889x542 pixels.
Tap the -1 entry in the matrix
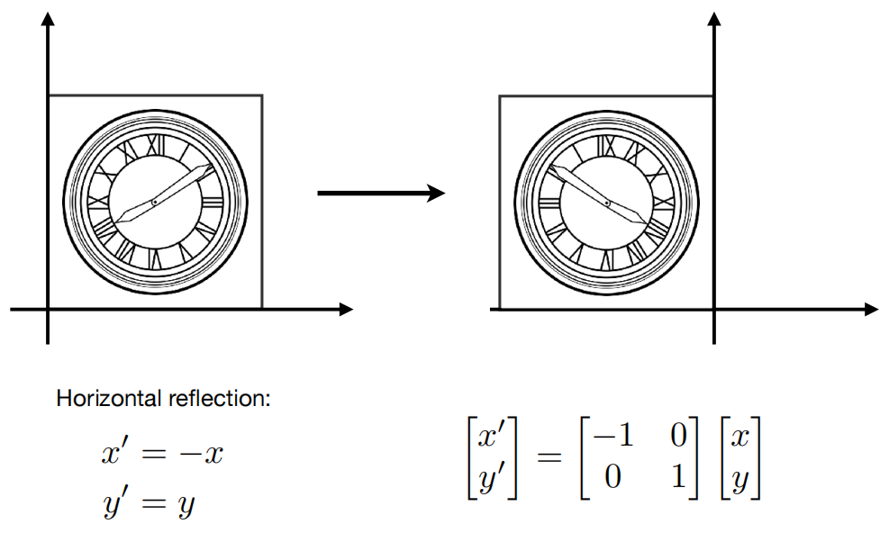612,436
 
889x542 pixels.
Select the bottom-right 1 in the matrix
678,476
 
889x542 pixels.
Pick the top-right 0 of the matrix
678,436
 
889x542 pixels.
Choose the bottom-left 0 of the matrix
612,476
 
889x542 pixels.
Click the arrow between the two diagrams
381,194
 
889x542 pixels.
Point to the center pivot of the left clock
154,202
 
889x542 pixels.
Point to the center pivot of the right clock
607,203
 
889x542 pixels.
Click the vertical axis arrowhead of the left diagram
48,18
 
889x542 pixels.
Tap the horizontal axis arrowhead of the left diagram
346,310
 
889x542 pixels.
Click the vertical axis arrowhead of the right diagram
714,18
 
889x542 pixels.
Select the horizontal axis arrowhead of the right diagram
871,310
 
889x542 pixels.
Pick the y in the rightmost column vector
739,480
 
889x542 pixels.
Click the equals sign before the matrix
549,456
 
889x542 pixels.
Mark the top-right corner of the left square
262,95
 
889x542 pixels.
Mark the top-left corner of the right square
500,95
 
